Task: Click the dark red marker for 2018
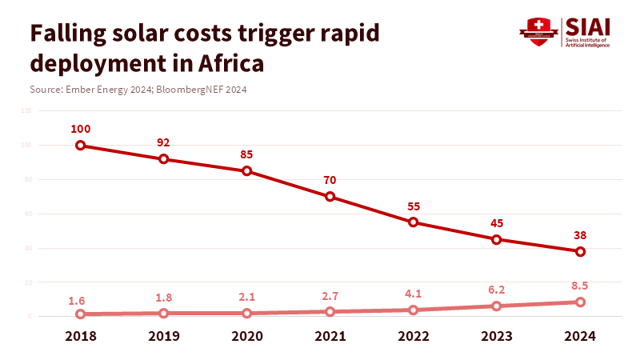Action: click(80, 146)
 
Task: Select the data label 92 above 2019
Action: click(163, 142)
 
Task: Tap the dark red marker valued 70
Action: click(330, 197)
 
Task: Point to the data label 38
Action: click(579, 236)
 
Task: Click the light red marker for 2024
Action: click(580, 302)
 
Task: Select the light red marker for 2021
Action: click(330, 312)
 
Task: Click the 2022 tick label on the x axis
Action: click(413, 336)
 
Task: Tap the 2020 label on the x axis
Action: click(246, 336)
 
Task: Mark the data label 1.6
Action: click(77, 301)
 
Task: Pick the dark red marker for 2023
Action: click(496, 239)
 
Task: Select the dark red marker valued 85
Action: click(246, 171)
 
